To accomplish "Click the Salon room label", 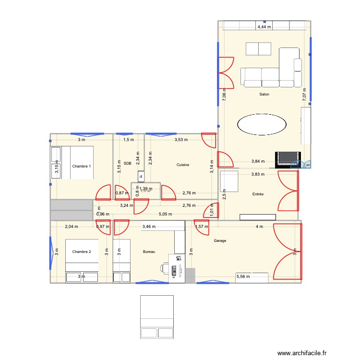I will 264,95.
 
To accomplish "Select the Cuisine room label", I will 182,165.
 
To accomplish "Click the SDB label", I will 127,164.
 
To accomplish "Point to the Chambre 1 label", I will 82,166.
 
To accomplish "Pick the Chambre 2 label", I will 82,252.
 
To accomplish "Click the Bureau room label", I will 149,252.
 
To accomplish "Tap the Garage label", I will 220,241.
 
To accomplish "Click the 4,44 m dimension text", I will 264,27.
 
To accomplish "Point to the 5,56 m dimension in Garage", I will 243,276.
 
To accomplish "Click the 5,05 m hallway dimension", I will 165,215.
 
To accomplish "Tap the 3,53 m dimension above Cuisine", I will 181,140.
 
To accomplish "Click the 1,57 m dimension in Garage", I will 202,226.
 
